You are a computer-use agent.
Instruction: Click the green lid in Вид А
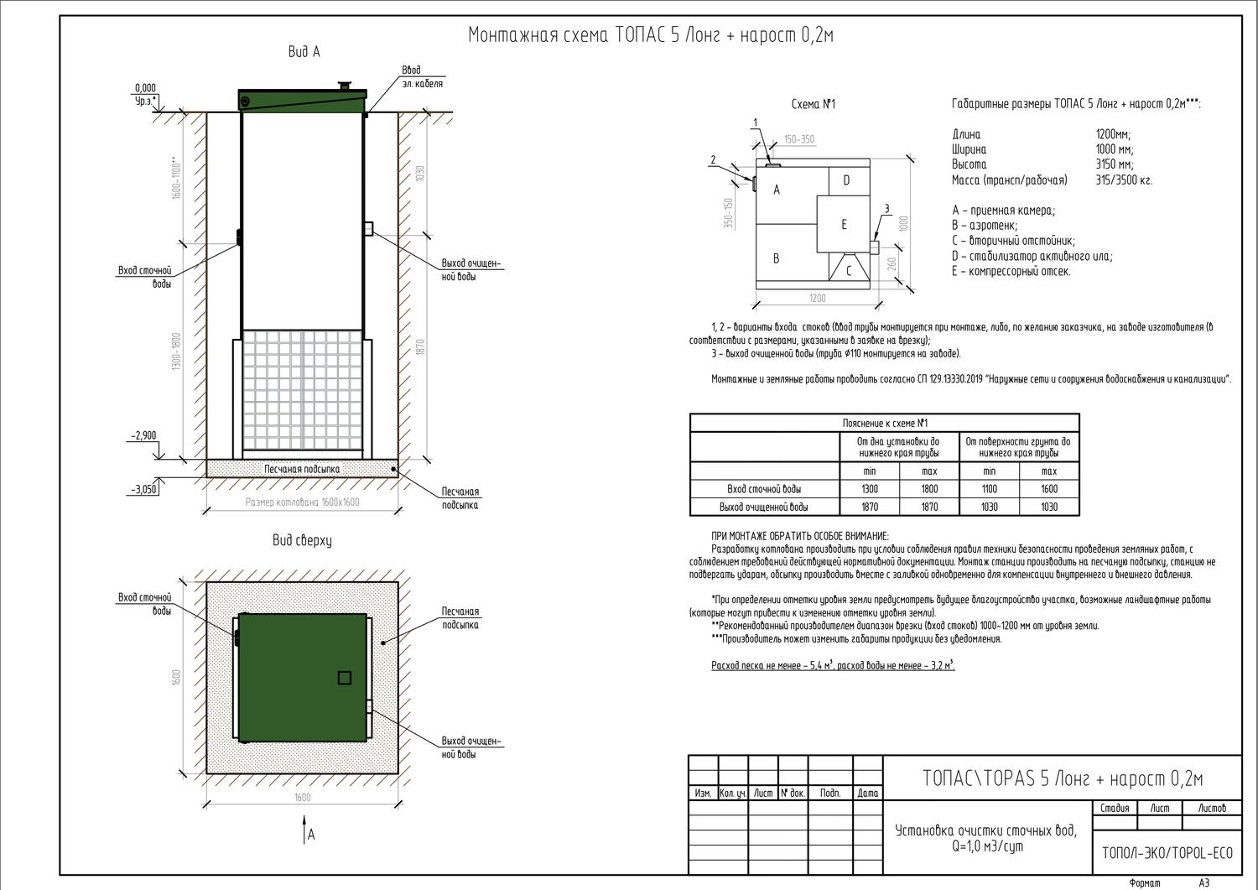(x=303, y=100)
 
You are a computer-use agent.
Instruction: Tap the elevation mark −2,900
(x=143, y=436)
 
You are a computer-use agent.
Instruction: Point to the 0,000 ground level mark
(x=145, y=88)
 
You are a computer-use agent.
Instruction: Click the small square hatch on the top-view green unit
(x=344, y=678)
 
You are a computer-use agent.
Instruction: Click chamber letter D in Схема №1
(x=846, y=180)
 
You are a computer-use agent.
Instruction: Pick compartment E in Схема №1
(x=844, y=224)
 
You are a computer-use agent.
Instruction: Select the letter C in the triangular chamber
(x=848, y=270)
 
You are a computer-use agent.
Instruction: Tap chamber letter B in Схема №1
(x=776, y=258)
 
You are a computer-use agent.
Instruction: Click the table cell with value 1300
(x=870, y=489)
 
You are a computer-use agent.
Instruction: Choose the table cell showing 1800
(x=929, y=489)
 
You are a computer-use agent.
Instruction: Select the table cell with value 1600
(x=1049, y=489)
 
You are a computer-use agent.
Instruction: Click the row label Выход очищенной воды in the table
(x=764, y=507)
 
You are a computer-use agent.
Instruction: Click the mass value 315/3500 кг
(x=1124, y=180)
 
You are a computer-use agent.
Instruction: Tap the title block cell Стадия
(x=1115, y=809)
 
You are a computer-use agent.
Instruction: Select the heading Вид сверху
(x=302, y=541)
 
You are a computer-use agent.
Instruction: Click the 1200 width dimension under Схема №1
(x=818, y=298)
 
